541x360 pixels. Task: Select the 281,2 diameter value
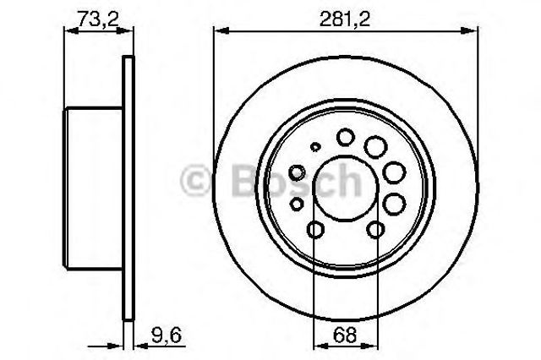tap(345, 19)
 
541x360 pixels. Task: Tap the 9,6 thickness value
tap(167, 335)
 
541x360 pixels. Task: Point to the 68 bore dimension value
tap(345, 335)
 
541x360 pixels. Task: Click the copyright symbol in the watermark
tap(195, 180)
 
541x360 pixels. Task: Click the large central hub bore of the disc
tap(346, 188)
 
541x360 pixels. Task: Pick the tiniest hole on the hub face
tap(314, 146)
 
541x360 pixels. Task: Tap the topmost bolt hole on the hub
tap(346, 137)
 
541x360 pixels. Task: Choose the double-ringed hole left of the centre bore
tap(297, 172)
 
